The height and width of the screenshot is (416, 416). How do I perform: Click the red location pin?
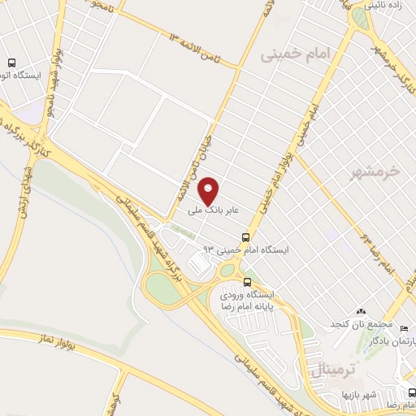coord(210,190)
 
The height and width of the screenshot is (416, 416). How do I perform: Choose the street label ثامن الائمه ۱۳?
coord(204,49)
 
